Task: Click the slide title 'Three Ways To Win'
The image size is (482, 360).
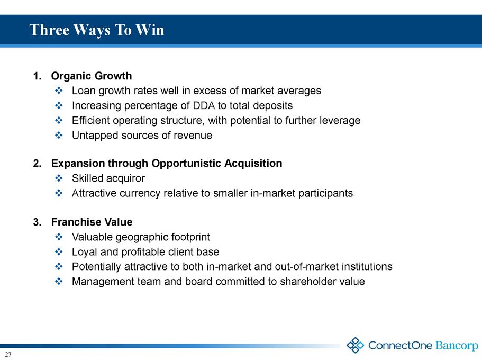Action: pyautogui.click(x=97, y=30)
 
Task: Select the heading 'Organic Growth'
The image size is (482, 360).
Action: pyautogui.click(x=92, y=76)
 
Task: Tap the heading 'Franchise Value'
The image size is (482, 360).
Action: pyautogui.click(x=92, y=222)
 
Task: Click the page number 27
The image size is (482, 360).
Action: pyautogui.click(x=8, y=355)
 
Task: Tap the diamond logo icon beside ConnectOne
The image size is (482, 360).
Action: pyautogui.click(x=356, y=345)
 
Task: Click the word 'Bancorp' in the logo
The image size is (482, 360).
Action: pyautogui.click(x=457, y=346)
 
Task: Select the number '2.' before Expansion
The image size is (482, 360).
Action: pyautogui.click(x=37, y=164)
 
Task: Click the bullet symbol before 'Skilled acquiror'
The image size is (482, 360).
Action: pyautogui.click(x=59, y=178)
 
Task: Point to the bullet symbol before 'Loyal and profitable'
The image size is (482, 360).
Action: pyautogui.click(x=59, y=251)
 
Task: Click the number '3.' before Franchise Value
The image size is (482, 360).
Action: pyautogui.click(x=37, y=222)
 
